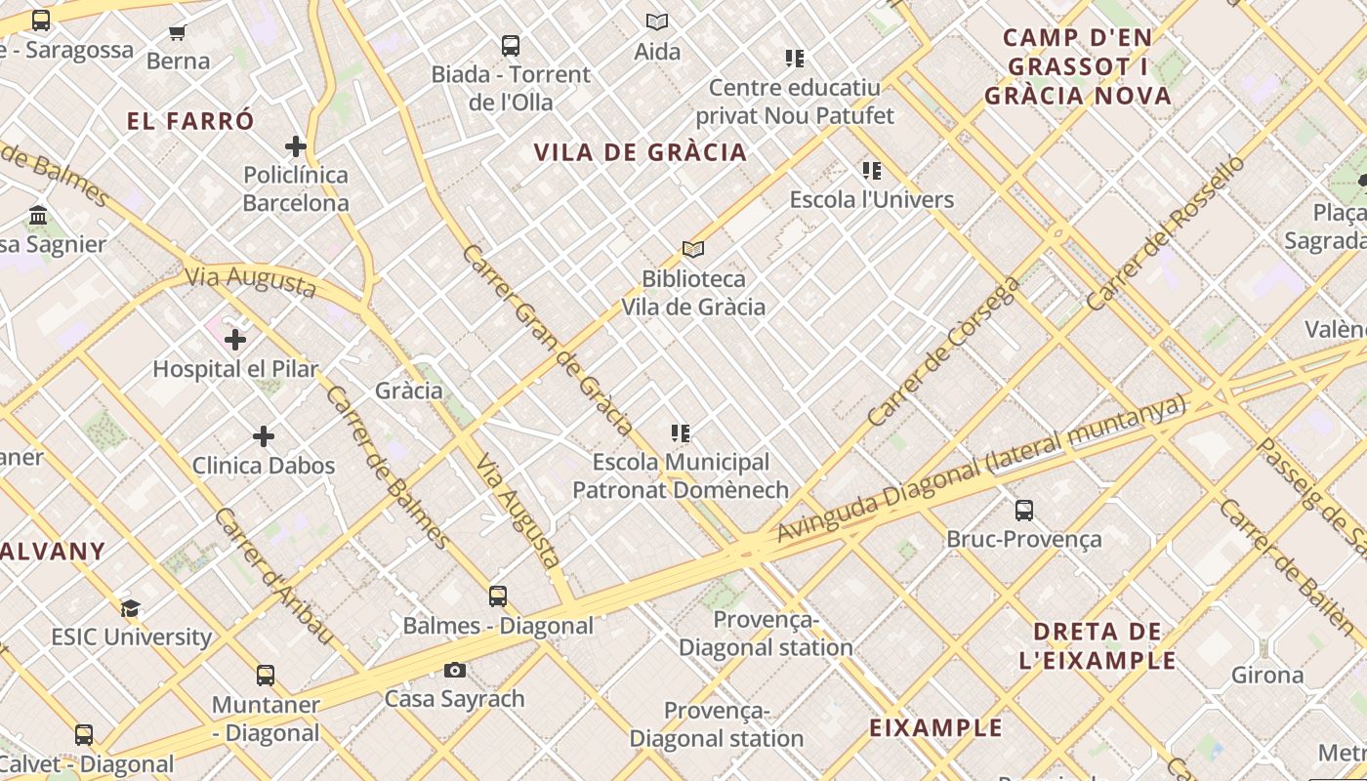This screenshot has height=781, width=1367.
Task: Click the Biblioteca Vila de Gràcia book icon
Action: pyautogui.click(x=693, y=250)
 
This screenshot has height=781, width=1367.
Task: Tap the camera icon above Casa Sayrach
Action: pyautogui.click(x=454, y=670)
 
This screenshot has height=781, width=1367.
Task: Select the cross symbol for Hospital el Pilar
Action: pyautogui.click(x=234, y=340)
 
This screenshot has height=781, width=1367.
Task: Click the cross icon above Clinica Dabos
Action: pyautogui.click(x=264, y=436)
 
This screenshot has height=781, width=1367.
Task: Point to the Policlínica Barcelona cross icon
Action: pyautogui.click(x=295, y=146)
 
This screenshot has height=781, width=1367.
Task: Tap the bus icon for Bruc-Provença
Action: pyautogui.click(x=1023, y=510)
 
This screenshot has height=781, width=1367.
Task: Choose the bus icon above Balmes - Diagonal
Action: pyautogui.click(x=498, y=596)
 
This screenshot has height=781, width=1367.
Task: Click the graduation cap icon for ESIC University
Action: pyautogui.click(x=131, y=608)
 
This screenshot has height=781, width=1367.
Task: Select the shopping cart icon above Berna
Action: pyautogui.click(x=178, y=33)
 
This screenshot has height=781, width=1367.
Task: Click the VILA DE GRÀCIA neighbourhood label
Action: pyautogui.click(x=641, y=152)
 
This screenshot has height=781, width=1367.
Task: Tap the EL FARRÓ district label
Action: pyautogui.click(x=190, y=121)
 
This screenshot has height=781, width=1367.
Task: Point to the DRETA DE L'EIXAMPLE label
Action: pyautogui.click(x=1098, y=645)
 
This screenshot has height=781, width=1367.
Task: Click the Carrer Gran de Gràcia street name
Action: pyautogui.click(x=547, y=339)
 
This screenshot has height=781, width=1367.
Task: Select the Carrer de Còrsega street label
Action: pyautogui.click(x=943, y=351)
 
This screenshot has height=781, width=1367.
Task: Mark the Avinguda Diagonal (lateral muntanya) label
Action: pyautogui.click(x=980, y=469)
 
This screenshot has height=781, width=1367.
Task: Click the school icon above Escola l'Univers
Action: pyautogui.click(x=872, y=171)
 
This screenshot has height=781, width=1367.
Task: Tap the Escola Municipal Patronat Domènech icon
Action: pyautogui.click(x=681, y=432)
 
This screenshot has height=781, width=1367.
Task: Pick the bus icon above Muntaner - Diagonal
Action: pyautogui.click(x=266, y=675)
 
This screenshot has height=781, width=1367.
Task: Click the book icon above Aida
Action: pyautogui.click(x=657, y=21)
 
